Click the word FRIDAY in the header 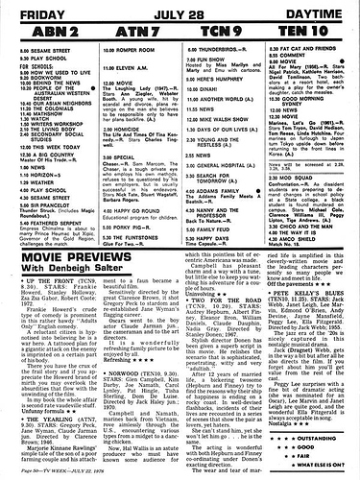coord(36,10)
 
